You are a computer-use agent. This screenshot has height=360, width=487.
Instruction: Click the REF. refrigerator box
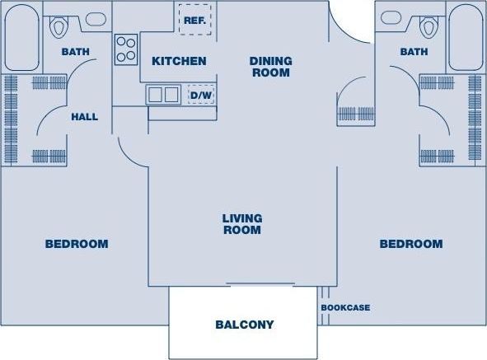click(x=194, y=20)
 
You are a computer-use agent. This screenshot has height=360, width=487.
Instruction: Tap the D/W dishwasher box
click(x=200, y=95)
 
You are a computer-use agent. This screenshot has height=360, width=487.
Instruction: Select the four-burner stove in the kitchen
click(x=126, y=49)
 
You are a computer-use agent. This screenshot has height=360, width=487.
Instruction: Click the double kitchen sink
click(x=163, y=95)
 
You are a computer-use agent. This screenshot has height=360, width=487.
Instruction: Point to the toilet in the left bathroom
click(x=58, y=27)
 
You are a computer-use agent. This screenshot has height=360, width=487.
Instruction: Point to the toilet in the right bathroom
click(x=428, y=27)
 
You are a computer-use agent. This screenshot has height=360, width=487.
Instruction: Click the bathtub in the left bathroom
click(x=20, y=38)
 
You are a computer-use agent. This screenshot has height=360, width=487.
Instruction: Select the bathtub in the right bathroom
click(x=466, y=38)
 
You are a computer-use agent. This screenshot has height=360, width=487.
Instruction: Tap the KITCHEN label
click(x=178, y=61)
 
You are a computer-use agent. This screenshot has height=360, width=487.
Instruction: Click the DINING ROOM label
click(x=269, y=67)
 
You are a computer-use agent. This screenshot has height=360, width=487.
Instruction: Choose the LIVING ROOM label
click(x=241, y=224)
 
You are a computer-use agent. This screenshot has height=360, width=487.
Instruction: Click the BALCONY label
click(x=244, y=325)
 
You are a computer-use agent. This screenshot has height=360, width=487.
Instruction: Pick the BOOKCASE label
click(x=345, y=308)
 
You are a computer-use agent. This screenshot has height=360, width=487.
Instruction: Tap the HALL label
click(x=84, y=117)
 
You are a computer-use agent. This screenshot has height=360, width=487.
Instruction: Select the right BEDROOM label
click(x=410, y=244)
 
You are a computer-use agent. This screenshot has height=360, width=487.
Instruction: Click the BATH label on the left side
click(x=75, y=52)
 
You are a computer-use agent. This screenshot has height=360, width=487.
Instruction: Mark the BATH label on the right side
click(x=414, y=52)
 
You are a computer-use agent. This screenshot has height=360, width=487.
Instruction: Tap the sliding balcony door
click(x=260, y=285)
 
